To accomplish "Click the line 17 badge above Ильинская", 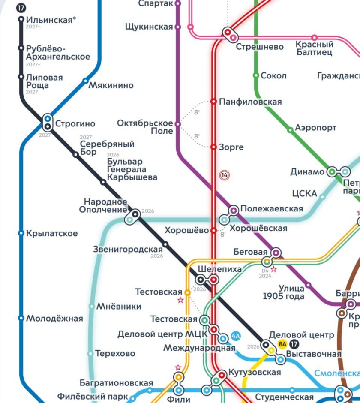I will pos(21,8).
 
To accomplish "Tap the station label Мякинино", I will pos(111,85).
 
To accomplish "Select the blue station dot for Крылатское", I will pos(21,233).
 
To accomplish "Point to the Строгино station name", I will pos(75,124).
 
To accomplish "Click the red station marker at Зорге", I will pos(213,147).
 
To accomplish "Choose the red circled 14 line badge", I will pos(224,175).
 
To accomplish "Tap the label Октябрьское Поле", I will pos(145,127).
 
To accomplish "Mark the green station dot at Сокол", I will pos(256,75).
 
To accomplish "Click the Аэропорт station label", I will pos(315,128).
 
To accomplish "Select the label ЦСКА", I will pos(304,194).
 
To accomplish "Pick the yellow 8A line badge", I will pos(282,343).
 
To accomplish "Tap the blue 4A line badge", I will pos(235,336).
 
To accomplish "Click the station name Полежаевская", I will pos(271,209).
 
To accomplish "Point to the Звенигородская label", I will pos(128,249).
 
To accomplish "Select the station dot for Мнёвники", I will pos(91,307).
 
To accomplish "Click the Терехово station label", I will pos(115,354).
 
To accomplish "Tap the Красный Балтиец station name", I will pos(314,48).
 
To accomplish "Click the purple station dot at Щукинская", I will pos(177,27).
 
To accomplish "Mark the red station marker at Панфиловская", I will pos(213,102).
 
